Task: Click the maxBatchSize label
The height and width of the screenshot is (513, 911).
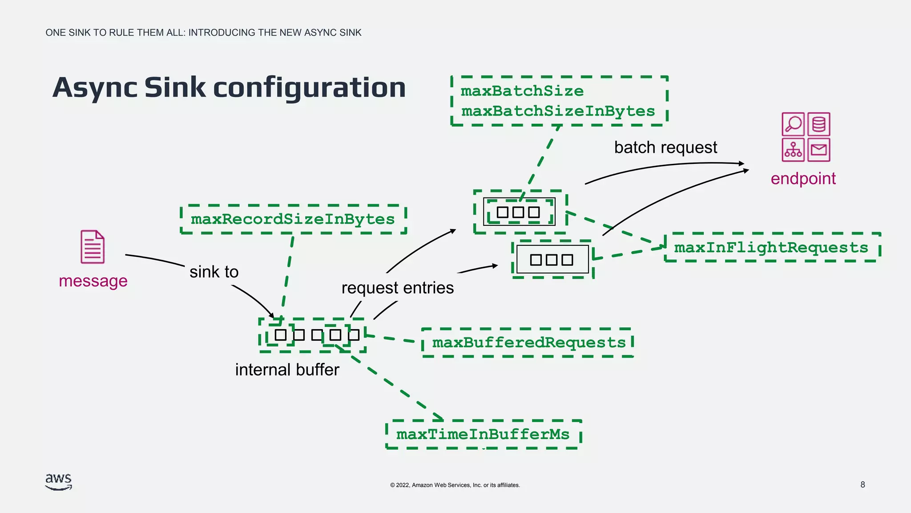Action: click(522, 91)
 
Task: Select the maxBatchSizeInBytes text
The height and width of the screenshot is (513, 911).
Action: click(558, 111)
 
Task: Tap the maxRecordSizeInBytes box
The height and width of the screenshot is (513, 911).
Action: click(293, 219)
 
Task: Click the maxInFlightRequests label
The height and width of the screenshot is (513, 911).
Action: click(771, 247)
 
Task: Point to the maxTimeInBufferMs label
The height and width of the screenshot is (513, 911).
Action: click(483, 434)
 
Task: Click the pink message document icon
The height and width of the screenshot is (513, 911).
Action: click(93, 247)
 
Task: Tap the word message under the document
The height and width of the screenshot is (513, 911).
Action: click(93, 281)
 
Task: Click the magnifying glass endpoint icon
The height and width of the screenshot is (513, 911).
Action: click(793, 124)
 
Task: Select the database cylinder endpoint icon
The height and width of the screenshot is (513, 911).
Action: click(819, 124)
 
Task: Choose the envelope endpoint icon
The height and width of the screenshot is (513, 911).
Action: click(819, 150)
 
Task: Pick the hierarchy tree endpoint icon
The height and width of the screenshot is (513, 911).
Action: click(793, 150)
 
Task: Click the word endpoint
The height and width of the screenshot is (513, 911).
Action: click(803, 179)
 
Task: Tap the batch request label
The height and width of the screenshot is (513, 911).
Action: click(665, 147)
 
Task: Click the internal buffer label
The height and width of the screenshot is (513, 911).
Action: click(287, 370)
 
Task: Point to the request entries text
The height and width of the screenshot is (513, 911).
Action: click(397, 288)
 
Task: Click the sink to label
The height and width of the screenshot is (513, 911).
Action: click(214, 272)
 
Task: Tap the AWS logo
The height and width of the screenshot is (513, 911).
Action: click(58, 482)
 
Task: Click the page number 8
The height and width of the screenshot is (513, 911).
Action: click(863, 484)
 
